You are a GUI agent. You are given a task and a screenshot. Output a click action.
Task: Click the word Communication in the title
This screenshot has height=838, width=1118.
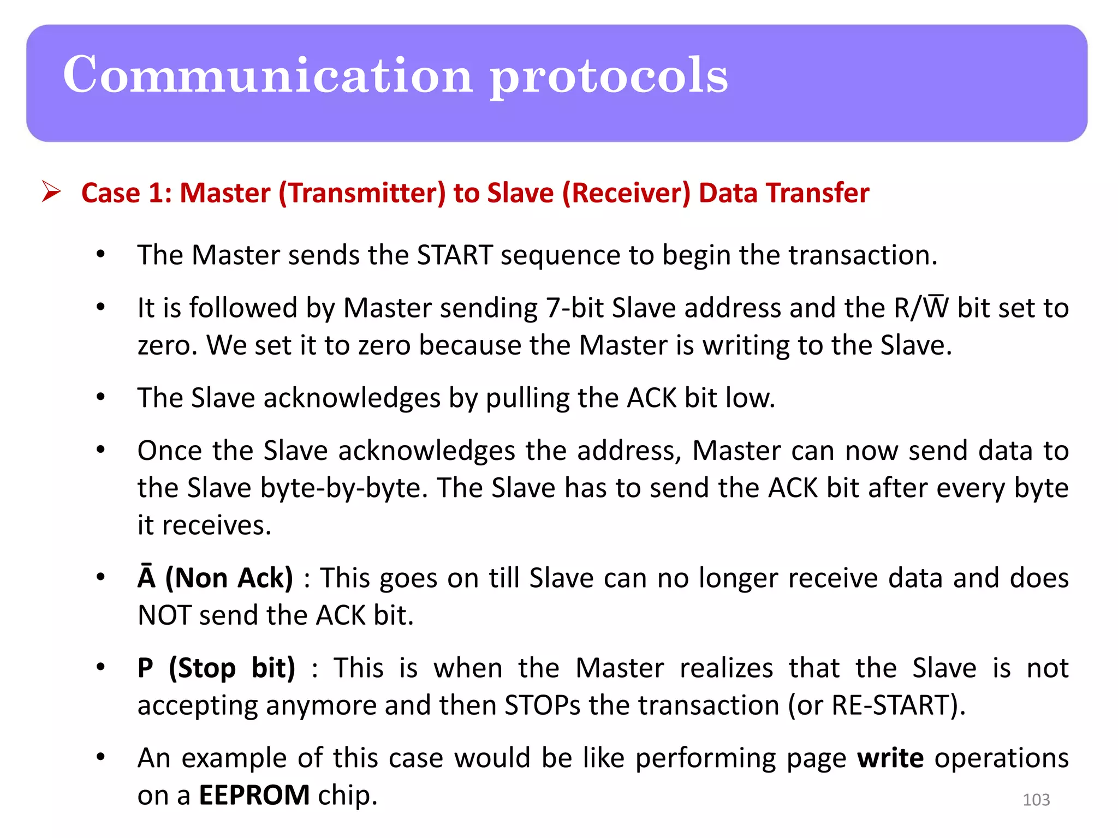[x=267, y=75]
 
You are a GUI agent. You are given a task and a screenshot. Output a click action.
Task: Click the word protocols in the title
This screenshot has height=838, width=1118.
[x=608, y=76]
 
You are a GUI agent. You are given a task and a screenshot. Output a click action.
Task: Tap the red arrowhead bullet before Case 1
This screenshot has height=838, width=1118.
[x=51, y=192]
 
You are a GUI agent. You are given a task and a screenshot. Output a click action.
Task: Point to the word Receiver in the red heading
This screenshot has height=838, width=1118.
[x=627, y=193]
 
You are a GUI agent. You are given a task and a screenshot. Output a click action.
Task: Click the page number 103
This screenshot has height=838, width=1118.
[x=1036, y=800]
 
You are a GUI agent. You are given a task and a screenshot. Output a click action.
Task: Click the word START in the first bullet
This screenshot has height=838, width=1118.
[x=455, y=255]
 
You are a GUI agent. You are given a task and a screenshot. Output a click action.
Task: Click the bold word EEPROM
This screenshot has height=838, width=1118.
[x=254, y=795]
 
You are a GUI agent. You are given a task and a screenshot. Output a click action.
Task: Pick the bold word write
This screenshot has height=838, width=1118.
[x=890, y=758]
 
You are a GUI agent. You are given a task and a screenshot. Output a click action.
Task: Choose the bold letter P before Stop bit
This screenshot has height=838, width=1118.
[x=145, y=668]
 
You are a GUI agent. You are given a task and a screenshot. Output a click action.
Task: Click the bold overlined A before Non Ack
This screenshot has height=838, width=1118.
[x=146, y=578]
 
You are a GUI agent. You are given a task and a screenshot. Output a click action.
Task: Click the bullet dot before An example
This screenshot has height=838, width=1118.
[x=100, y=757]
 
